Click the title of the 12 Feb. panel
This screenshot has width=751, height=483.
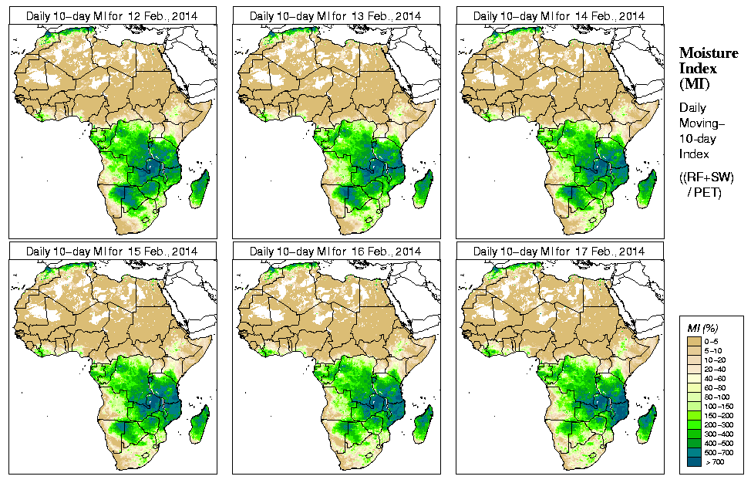112,16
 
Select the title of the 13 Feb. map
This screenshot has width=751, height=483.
335,16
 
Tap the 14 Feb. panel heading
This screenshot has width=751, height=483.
559,16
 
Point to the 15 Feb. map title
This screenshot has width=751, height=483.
112,252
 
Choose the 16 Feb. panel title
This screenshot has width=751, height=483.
335,252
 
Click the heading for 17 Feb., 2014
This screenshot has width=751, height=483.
559,252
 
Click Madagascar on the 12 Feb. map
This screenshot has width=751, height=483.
200,190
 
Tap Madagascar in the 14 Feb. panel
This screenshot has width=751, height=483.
647,190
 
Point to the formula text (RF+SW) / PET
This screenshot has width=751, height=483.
706,184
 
